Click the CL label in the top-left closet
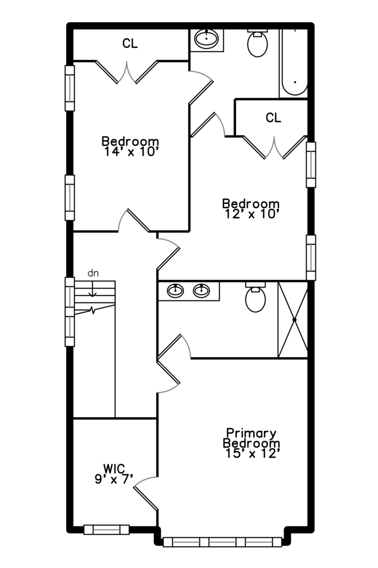click(130, 44)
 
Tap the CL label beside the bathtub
click(273, 118)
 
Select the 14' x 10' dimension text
click(130, 152)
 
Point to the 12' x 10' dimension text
click(250, 214)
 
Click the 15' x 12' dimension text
click(250, 453)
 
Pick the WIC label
click(114, 468)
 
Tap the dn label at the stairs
click(93, 273)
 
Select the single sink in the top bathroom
click(207, 38)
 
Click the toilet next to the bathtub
click(257, 44)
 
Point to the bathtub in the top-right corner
click(294, 63)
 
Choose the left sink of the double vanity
click(175, 290)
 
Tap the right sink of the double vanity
click(202, 290)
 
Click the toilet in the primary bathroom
click(256, 298)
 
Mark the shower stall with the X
click(293, 320)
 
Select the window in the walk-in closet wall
click(107, 530)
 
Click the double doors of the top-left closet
click(127, 72)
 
